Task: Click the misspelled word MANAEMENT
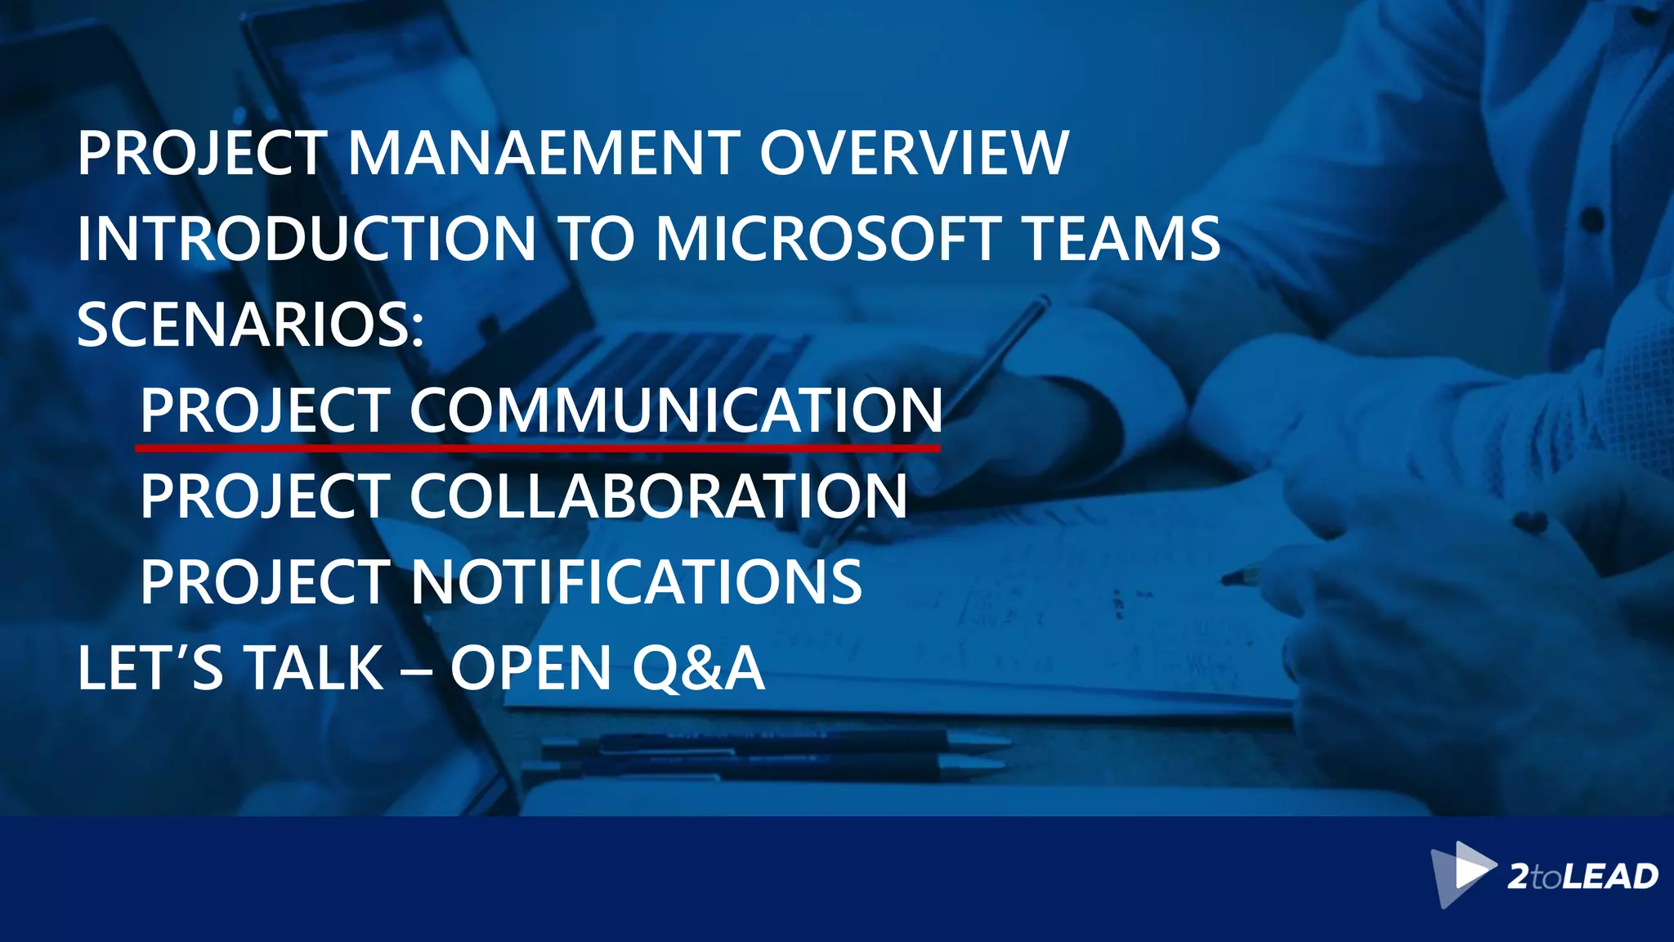tap(544, 153)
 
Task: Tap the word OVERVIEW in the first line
tap(914, 153)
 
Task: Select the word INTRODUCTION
tap(307, 239)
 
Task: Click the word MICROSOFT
tap(829, 239)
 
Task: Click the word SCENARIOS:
tap(251, 325)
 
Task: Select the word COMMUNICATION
tap(676, 410)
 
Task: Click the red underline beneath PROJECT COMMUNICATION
tap(538, 448)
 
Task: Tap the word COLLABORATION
tap(658, 496)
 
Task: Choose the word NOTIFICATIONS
tap(636, 582)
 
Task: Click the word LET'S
tap(150, 668)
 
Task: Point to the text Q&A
tap(699, 668)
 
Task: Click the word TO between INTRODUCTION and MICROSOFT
tap(596, 239)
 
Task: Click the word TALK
tap(314, 668)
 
